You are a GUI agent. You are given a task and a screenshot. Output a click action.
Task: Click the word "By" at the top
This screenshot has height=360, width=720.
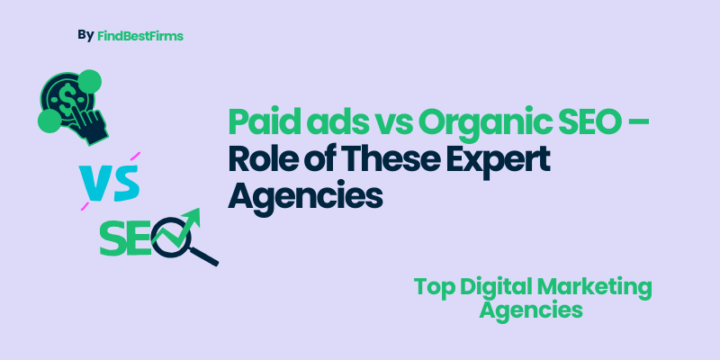point(85,35)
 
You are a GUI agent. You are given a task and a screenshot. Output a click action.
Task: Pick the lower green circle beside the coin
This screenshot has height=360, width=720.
point(49,120)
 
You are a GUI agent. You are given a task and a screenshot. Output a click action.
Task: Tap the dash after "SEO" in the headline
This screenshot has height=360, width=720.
point(642,122)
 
